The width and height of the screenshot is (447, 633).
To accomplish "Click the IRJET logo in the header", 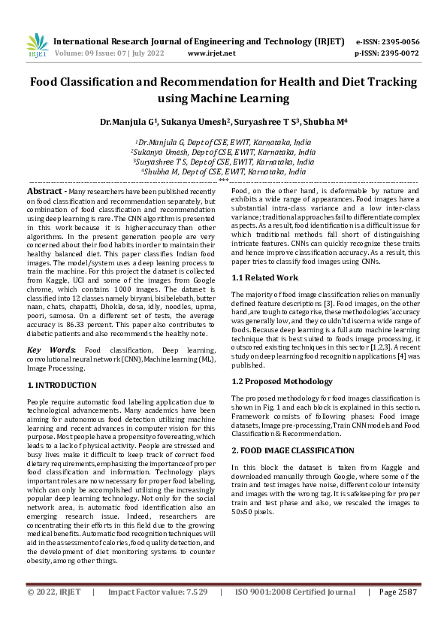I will [37, 47].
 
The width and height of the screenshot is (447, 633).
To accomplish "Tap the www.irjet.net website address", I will [211, 53].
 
